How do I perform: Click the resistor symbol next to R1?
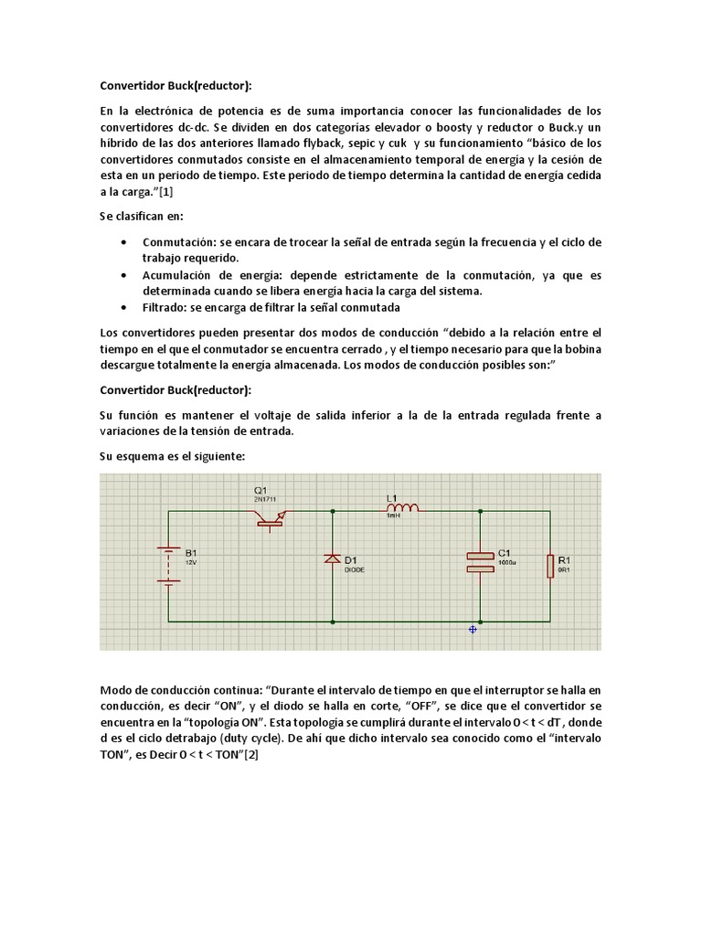(549, 566)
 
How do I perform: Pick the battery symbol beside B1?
(167, 564)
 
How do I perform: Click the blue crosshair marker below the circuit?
(473, 630)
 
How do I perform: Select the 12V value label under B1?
(190, 563)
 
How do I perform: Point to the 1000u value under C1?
(505, 563)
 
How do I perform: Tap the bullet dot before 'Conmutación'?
(123, 242)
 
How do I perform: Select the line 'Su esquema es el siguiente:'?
(172, 455)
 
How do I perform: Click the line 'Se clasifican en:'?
(141, 216)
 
